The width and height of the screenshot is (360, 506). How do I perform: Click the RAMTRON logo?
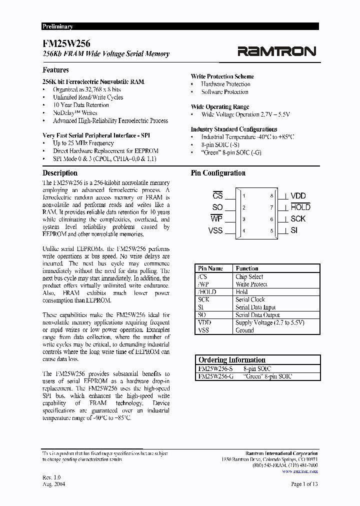click(x=276, y=51)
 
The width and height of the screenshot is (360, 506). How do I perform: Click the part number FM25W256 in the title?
click(x=66, y=44)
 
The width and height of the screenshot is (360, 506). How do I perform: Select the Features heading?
click(x=55, y=70)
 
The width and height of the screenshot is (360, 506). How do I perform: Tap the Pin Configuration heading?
click(x=218, y=173)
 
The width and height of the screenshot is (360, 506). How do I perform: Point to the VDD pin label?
click(x=298, y=196)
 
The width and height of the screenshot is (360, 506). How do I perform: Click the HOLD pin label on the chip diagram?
click(x=300, y=207)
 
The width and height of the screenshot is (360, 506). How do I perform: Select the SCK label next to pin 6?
click(x=298, y=219)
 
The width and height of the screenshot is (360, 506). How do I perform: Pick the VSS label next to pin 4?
click(x=215, y=230)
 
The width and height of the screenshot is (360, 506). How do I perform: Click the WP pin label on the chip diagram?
click(x=216, y=219)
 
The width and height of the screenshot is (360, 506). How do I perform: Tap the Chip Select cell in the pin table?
click(x=249, y=276)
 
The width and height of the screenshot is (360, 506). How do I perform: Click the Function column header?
click(x=247, y=268)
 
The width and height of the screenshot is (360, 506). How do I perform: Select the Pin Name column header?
click(x=210, y=268)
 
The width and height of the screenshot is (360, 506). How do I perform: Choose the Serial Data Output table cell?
click(x=257, y=315)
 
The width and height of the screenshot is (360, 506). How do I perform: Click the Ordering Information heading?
click(x=232, y=360)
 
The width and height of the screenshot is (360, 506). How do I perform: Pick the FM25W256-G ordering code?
click(x=215, y=376)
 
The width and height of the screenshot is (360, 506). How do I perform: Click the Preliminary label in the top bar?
click(x=57, y=26)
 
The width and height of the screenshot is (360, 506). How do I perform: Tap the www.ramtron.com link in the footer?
click(x=300, y=471)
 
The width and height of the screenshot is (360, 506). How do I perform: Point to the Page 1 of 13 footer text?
click(x=304, y=484)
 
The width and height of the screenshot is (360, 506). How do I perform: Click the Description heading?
click(x=60, y=173)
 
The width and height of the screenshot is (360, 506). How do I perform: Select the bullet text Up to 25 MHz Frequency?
click(x=83, y=143)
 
